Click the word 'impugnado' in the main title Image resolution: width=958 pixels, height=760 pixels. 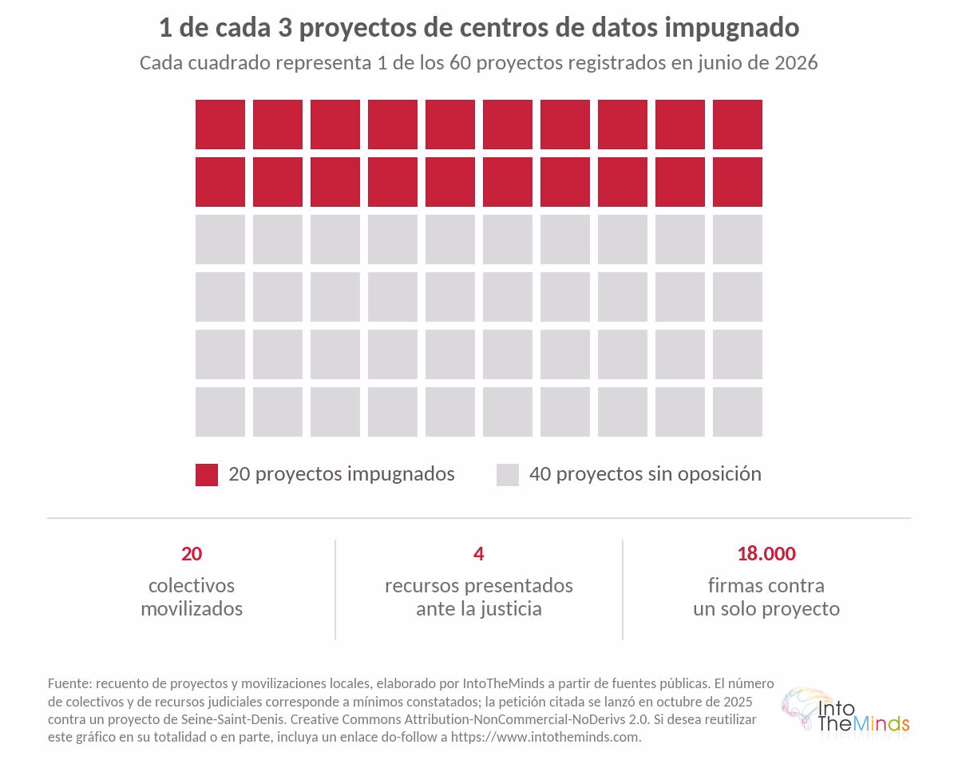click(x=732, y=29)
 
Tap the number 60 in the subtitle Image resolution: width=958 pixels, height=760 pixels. click(x=460, y=63)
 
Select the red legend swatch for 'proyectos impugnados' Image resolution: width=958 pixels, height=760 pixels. click(x=207, y=475)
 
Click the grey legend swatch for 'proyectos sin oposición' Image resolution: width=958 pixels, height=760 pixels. click(x=508, y=475)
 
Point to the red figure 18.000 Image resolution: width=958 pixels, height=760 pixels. click(x=766, y=554)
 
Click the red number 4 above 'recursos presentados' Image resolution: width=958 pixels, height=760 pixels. click(x=478, y=554)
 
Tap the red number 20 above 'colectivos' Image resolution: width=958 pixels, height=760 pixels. click(x=192, y=554)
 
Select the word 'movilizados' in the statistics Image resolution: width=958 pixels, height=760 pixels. click(x=192, y=608)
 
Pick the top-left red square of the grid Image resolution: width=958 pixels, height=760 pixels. click(x=220, y=125)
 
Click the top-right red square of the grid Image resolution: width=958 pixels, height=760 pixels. click(x=737, y=125)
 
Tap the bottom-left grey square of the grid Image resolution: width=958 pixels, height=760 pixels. click(x=220, y=412)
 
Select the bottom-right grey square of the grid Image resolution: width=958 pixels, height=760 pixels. click(x=737, y=412)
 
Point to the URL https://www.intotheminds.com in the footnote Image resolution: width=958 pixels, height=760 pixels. click(x=545, y=738)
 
